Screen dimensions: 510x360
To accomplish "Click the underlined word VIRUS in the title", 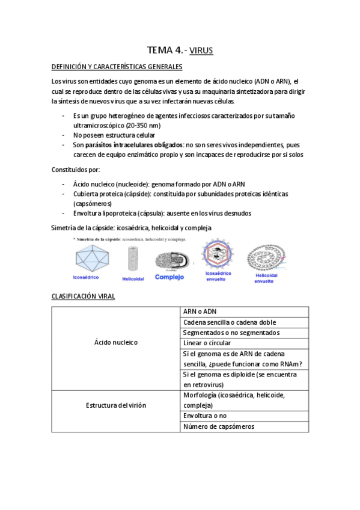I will point(201,51).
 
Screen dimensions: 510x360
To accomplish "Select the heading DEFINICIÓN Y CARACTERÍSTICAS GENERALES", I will point(117,67).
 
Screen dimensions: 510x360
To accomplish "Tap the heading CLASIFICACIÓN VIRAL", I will point(83,296).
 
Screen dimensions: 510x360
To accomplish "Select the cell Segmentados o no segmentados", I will point(223,333).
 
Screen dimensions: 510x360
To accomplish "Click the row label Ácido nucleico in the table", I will point(116,342).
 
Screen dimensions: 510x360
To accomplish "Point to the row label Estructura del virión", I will point(116,405).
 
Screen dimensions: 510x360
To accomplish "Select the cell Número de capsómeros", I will point(219,426).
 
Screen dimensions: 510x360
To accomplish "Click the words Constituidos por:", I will point(76,170).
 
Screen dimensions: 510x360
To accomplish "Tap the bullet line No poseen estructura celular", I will point(113,135).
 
